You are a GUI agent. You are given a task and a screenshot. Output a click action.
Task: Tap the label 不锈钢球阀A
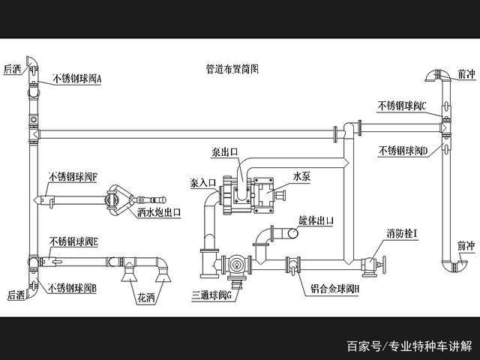[81, 78]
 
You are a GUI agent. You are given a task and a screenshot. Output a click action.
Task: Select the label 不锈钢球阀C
[402, 106]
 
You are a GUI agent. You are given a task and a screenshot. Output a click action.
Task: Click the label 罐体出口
[315, 220]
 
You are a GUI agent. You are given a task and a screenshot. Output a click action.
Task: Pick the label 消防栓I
[402, 234]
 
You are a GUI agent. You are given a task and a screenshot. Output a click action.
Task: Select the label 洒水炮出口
[159, 212]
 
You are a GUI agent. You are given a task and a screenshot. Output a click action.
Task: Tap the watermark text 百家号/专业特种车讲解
[409, 346]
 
